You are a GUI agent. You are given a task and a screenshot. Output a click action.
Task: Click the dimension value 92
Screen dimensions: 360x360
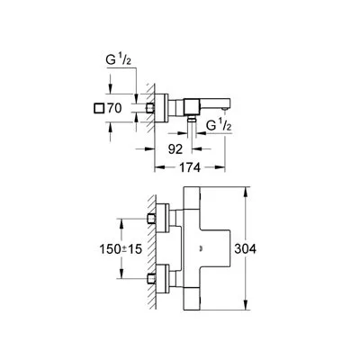(175, 149)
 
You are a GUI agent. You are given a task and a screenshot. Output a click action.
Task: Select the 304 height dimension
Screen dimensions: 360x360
(245, 248)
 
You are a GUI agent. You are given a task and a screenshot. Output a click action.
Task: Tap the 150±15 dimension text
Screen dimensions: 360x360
(121, 248)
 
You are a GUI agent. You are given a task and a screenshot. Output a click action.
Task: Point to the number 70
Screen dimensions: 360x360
(114, 108)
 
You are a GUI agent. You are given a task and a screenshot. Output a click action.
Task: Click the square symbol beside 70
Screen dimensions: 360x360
(99, 108)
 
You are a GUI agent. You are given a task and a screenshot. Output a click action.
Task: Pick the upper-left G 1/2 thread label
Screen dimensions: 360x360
(119, 61)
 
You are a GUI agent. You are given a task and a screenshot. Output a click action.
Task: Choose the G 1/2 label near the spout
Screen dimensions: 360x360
(220, 125)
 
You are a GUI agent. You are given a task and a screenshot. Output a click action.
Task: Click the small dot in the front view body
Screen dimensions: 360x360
(201, 248)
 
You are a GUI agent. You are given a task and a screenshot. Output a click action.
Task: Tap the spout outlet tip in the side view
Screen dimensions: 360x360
(224, 109)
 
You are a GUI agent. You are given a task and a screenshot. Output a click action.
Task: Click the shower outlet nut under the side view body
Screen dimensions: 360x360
(192, 120)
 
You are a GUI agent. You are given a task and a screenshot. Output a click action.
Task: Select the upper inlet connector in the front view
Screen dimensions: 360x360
(151, 219)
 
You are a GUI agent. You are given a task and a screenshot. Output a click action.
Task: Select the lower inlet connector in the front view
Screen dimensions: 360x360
(151, 279)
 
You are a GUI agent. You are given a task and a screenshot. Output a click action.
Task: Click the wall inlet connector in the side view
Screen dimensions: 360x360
(150, 108)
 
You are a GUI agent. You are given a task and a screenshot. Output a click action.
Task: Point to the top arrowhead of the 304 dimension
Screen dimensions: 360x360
(246, 192)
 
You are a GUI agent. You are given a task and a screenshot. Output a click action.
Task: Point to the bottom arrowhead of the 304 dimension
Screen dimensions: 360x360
(246, 305)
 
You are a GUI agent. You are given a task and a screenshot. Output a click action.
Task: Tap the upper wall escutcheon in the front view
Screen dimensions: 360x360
(163, 219)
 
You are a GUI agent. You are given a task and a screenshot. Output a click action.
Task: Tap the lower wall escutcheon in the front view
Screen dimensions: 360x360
(163, 279)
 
